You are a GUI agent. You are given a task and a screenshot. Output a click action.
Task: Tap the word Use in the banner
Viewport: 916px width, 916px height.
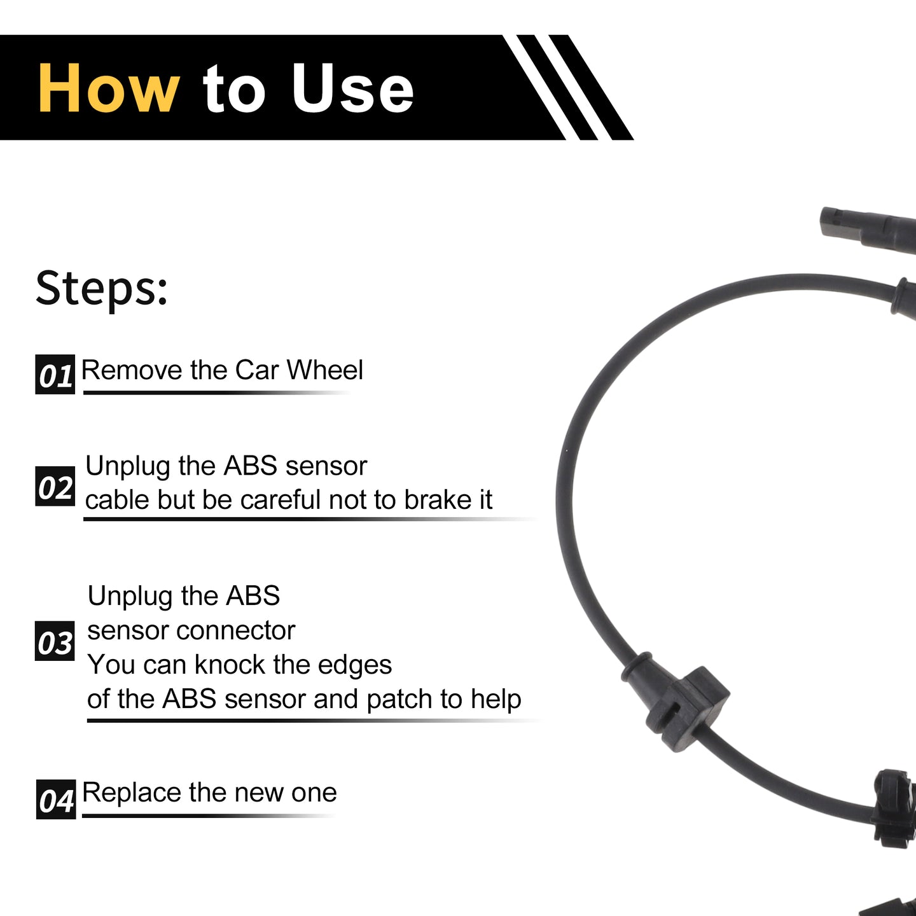(x=352, y=88)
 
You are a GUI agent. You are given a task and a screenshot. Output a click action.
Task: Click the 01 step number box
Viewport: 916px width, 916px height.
(x=55, y=375)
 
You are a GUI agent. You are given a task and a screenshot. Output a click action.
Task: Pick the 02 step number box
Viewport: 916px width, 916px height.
(x=55, y=486)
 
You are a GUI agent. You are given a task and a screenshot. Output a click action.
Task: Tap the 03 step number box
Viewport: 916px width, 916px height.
(x=55, y=641)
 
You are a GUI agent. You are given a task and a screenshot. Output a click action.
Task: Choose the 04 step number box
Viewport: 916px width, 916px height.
(x=56, y=799)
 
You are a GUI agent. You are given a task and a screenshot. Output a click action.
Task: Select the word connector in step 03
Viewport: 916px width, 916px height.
(x=236, y=631)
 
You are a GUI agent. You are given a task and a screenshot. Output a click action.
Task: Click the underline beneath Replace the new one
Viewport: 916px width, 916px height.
(x=208, y=816)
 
